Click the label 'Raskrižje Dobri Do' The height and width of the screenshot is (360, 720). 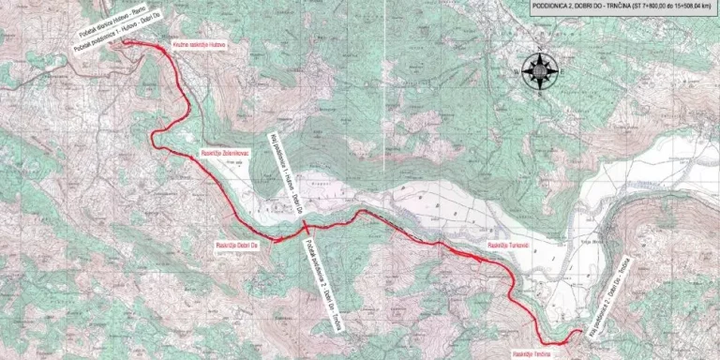233,241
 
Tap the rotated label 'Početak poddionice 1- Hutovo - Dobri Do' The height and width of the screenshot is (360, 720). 115,38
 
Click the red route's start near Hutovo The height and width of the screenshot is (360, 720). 127,42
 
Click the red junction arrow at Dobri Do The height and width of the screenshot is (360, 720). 278,240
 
